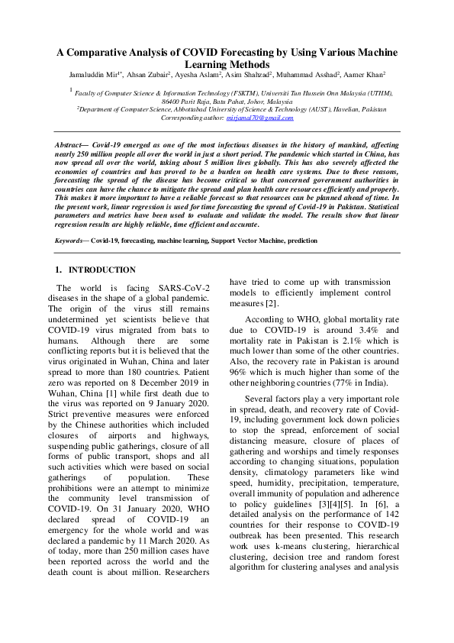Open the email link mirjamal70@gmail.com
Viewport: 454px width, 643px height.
259,118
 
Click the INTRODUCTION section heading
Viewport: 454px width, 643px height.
102,270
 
